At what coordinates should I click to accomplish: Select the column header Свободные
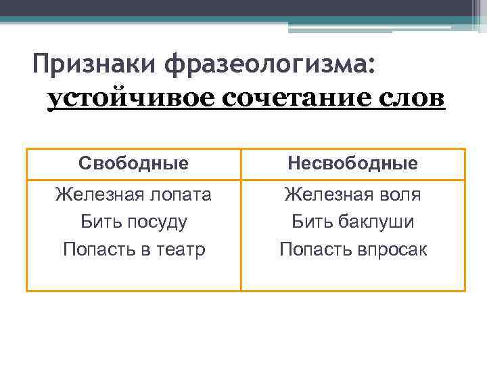[133, 163]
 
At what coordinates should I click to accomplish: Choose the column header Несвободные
[352, 163]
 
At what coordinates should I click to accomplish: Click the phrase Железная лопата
[133, 195]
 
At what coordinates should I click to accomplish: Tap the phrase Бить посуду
[133, 222]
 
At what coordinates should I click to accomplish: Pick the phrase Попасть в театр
[133, 249]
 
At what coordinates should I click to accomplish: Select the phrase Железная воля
[352, 195]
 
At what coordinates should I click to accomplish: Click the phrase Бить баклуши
[352, 222]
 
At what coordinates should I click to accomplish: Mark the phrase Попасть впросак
[352, 249]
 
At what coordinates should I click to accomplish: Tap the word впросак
[392, 249]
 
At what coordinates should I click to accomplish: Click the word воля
[399, 195]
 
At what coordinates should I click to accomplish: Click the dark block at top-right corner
[478, 7]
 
